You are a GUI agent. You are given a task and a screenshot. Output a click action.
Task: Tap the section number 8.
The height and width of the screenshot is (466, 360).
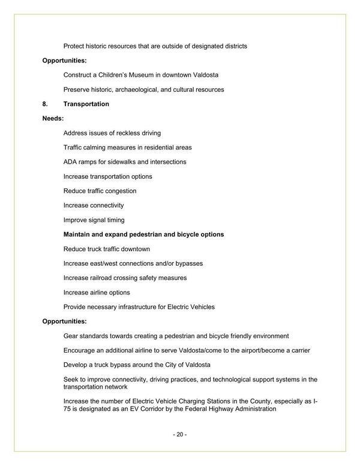coord(45,104)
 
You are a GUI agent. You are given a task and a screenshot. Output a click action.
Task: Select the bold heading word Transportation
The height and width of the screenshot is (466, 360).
coord(86,104)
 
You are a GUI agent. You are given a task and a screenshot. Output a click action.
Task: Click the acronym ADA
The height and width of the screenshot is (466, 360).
coord(70,162)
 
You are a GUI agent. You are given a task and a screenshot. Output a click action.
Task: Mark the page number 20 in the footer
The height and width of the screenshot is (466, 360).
coord(180,434)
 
